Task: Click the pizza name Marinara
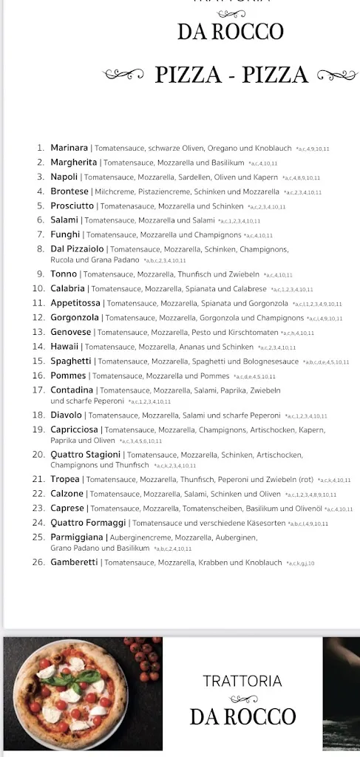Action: tap(69, 148)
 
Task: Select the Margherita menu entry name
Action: tap(74, 163)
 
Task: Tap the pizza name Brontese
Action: tap(69, 191)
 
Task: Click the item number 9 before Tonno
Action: tap(41, 274)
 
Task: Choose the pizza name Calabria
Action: tap(68, 289)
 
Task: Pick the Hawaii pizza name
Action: tap(65, 347)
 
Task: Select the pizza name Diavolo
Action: tap(67, 415)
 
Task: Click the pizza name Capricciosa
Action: tap(75, 430)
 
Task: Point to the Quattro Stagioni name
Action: tap(85, 455)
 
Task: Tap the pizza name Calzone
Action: tap(67, 494)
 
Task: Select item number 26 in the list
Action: tap(38, 563)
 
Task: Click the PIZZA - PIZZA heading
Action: tap(231, 75)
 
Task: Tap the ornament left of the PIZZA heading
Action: tap(123, 74)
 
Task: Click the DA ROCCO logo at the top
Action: tap(230, 32)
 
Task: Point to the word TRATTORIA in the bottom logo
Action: tap(242, 681)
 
